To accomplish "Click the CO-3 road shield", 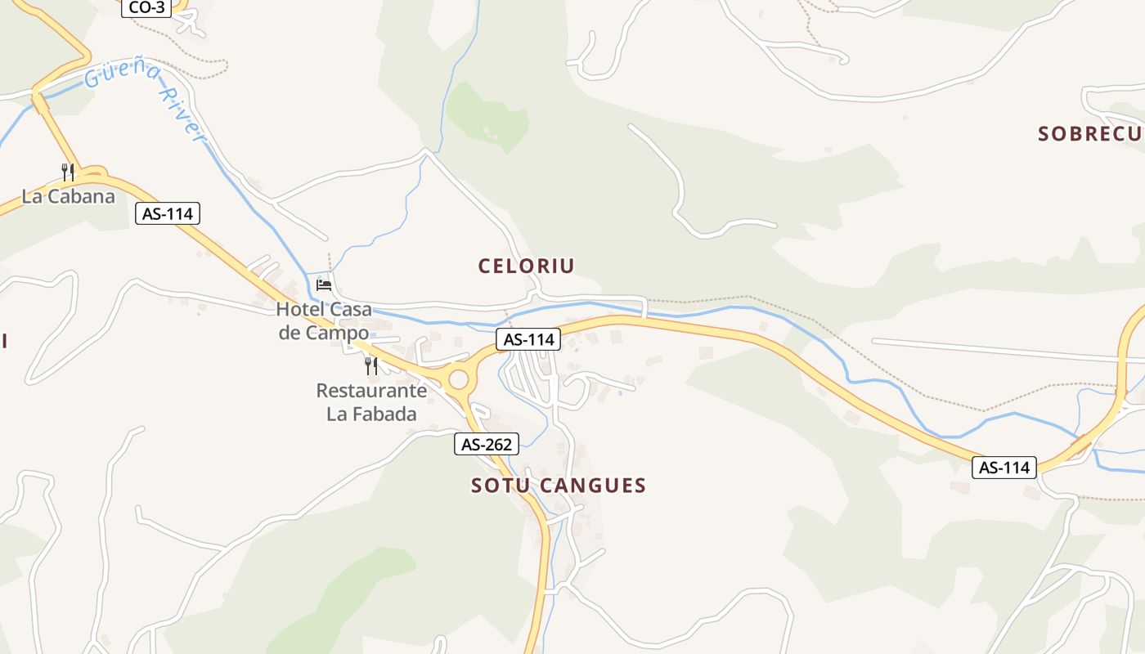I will [146, 7].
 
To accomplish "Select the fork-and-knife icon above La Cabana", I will [68, 172].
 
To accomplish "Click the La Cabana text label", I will [69, 196].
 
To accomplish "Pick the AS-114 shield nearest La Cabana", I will [168, 214].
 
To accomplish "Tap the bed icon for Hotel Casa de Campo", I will [324, 285].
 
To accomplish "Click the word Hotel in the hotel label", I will [302, 310].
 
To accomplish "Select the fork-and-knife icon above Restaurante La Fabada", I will [371, 365].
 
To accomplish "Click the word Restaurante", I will [371, 391].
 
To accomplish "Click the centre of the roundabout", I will [458, 379].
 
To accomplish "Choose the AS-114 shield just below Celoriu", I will [528, 339].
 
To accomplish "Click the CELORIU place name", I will [526, 266].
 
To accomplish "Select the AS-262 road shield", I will [487, 445].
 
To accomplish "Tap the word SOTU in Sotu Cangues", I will [496, 486].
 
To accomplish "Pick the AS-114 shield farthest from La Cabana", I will [1004, 468].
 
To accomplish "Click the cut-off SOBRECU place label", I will [1090, 134].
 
